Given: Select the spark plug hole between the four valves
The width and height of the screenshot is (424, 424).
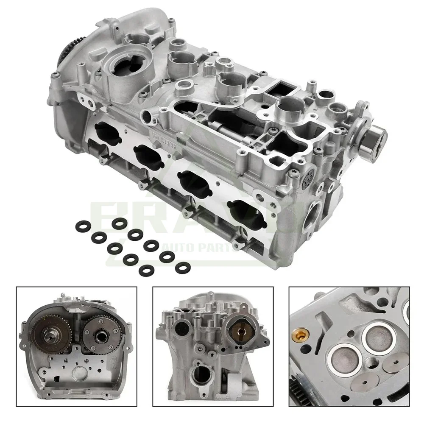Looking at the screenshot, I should click(373, 362).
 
